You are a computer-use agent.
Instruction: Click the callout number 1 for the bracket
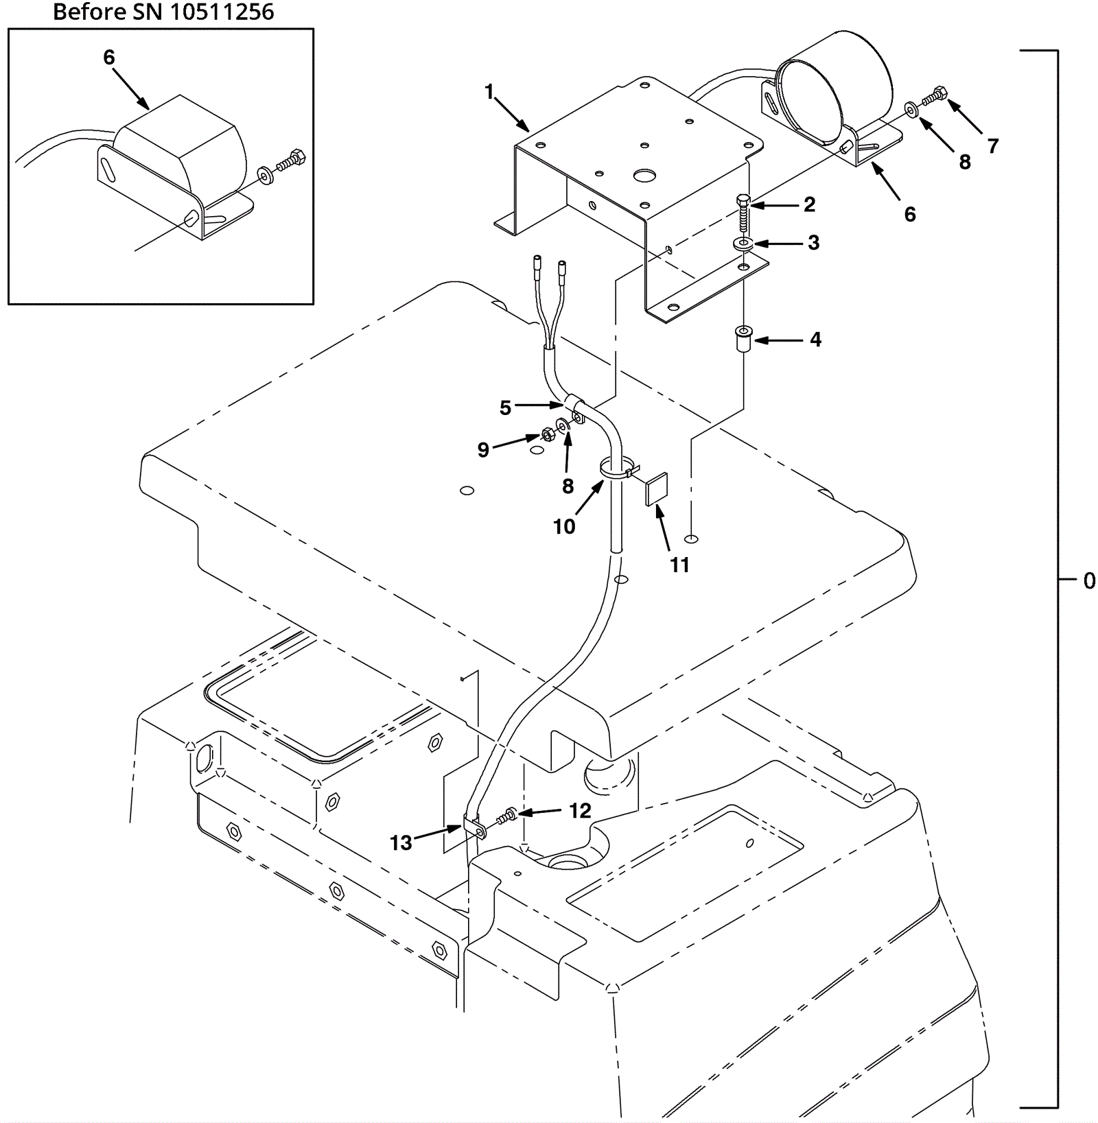(x=489, y=91)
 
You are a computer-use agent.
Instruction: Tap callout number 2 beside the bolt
(x=809, y=204)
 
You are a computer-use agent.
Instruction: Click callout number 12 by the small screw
(x=580, y=811)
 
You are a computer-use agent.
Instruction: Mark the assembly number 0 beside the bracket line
(x=1089, y=581)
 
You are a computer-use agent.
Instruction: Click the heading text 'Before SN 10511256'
(x=163, y=12)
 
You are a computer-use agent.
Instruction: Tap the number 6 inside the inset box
(x=109, y=58)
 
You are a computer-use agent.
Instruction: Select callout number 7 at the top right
(x=992, y=145)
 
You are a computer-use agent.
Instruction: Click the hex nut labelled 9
(x=548, y=434)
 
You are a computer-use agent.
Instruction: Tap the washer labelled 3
(x=743, y=244)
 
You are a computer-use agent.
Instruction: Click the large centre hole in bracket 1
(x=644, y=176)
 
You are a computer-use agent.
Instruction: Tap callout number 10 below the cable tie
(x=564, y=526)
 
